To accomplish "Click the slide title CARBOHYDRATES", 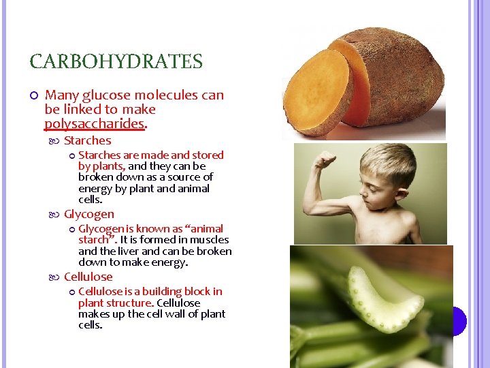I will [x=116, y=62].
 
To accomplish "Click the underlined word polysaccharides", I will [x=95, y=123].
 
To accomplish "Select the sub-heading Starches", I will [x=87, y=140].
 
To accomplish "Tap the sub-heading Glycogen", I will [x=88, y=214].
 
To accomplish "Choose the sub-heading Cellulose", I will [x=88, y=277].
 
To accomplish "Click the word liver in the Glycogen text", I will [x=125, y=251].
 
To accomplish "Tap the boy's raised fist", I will [x=325, y=162].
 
